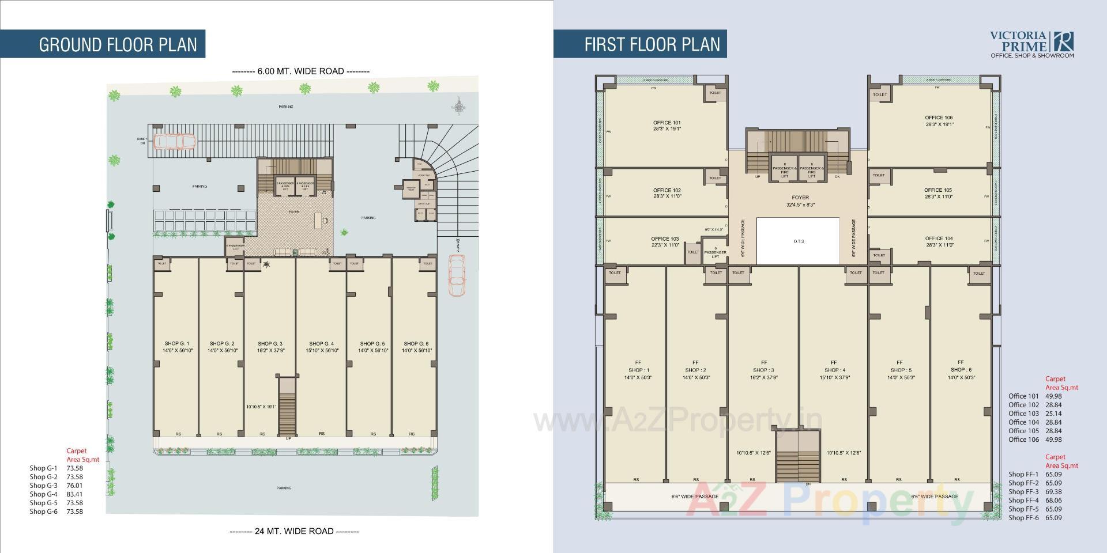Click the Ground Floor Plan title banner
coord(118,44)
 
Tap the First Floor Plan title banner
coord(652,44)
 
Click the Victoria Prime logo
coord(1032,44)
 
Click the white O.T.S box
coord(798,241)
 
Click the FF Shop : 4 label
coord(834,370)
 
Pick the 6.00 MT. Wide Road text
coord(300,71)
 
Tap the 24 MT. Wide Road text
coord(294,531)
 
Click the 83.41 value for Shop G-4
coord(74,494)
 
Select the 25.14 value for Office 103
coord(1053,414)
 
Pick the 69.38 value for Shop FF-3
coord(1053,492)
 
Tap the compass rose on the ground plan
coord(459,106)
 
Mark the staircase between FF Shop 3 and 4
coord(798,458)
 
